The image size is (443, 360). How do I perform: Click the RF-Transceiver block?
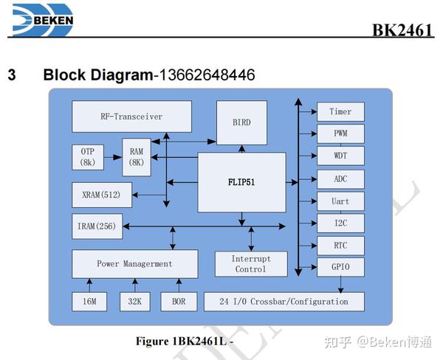[131, 117]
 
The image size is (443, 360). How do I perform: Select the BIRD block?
[241, 122]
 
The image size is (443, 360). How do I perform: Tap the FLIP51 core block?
[241, 183]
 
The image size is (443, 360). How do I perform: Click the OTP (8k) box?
[88, 156]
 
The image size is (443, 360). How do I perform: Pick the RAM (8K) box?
[136, 157]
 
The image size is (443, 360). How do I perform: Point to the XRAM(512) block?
[103, 195]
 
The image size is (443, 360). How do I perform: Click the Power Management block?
[134, 264]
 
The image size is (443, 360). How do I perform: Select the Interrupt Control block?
[250, 264]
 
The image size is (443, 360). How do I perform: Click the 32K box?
[134, 301]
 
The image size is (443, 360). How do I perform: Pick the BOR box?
[178, 301]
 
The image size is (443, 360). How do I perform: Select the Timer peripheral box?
[340, 112]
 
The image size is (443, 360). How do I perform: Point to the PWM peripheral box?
[340, 134]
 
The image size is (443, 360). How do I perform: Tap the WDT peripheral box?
[340, 156]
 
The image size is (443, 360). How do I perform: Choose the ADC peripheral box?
[340, 179]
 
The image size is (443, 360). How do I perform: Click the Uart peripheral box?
[340, 201]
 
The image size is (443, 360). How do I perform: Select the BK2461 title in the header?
[402, 30]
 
